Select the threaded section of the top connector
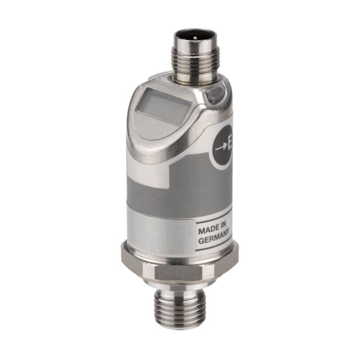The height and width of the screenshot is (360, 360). click(195, 59)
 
